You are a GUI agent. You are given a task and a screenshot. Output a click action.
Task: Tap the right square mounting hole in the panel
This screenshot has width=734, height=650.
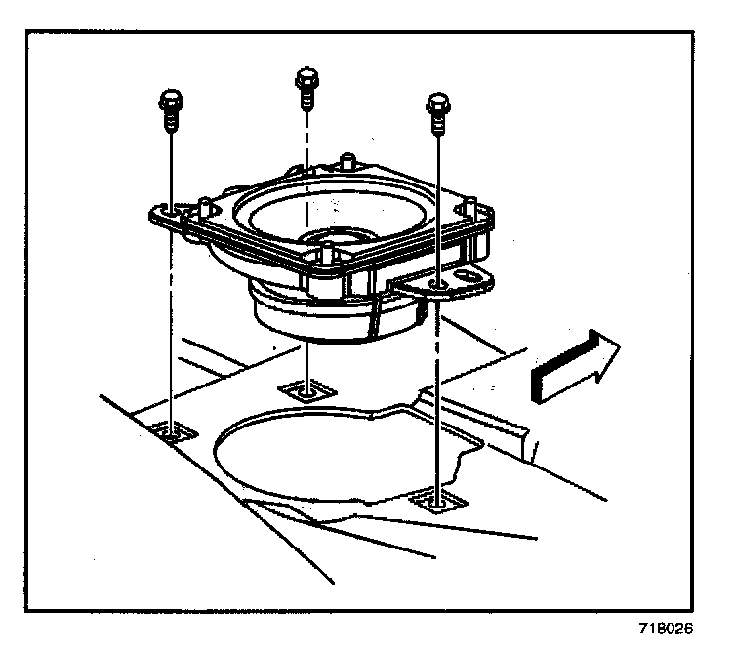[439, 502]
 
